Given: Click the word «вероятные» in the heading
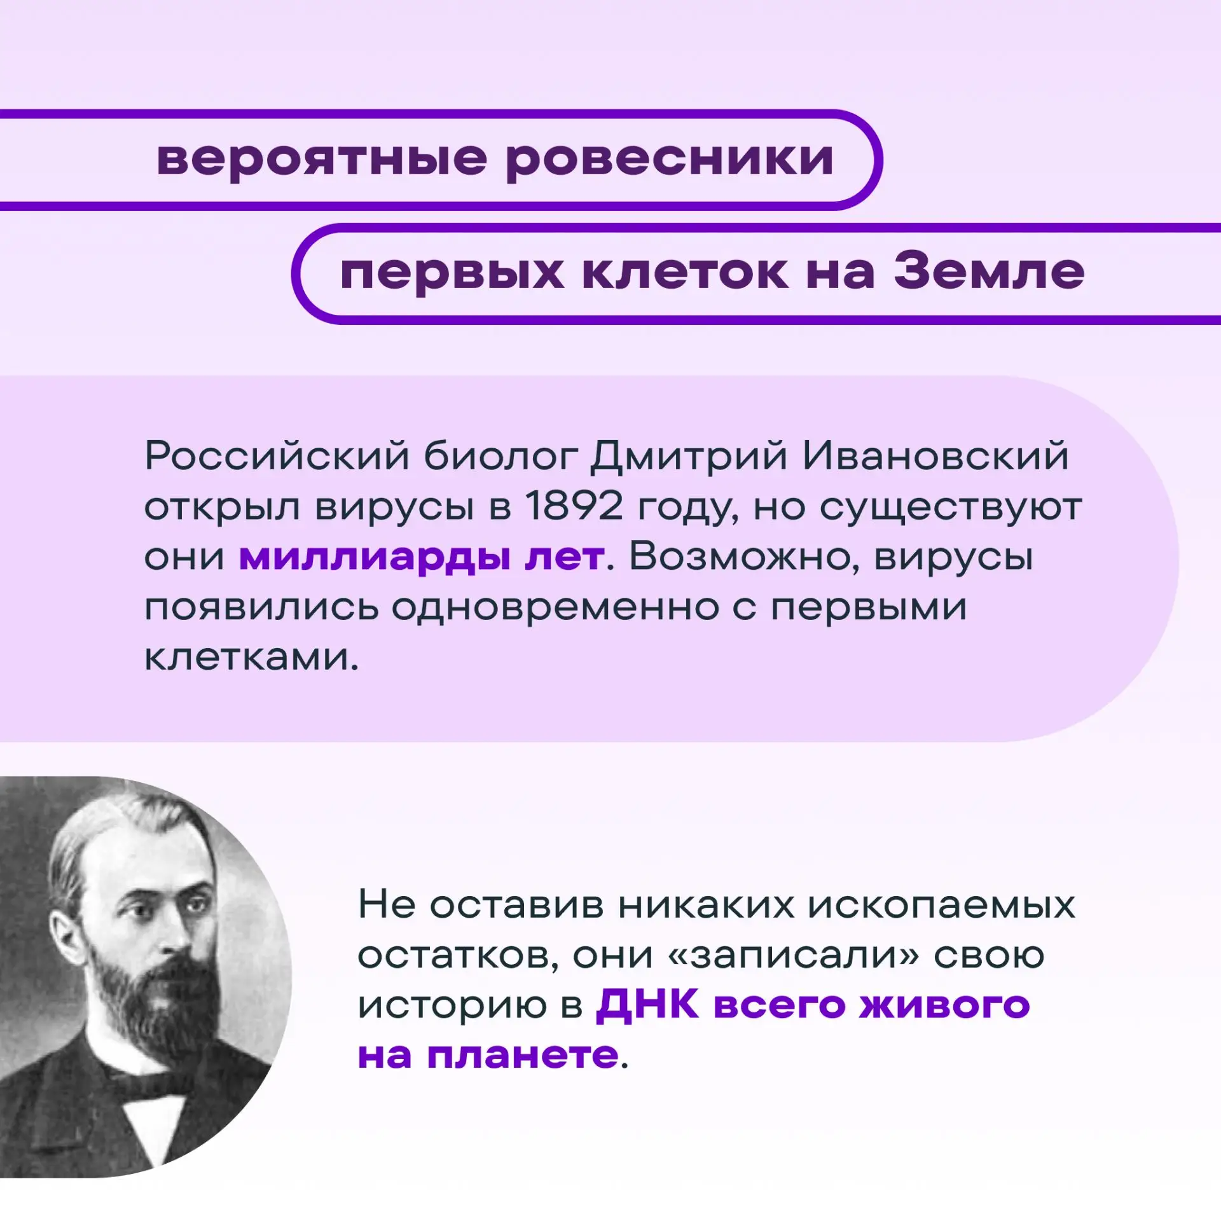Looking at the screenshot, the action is (x=322, y=159).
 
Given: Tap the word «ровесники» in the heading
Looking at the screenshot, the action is (x=670, y=159).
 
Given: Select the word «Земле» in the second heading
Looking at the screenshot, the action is (x=990, y=272).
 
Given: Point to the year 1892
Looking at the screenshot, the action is (x=574, y=507).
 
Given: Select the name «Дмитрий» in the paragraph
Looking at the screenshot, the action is (x=689, y=457).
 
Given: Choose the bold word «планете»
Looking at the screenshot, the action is (x=523, y=1056).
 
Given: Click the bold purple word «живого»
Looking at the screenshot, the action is (x=944, y=1006).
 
